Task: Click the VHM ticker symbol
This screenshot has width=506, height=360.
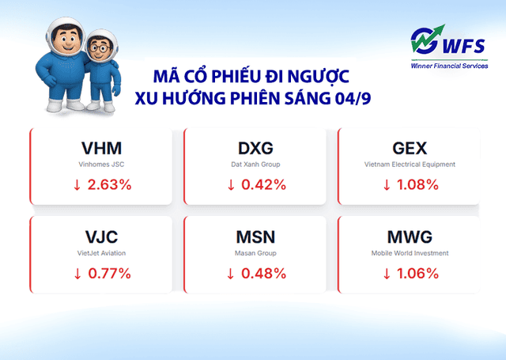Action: (x=102, y=148)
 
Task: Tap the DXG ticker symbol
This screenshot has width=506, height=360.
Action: (x=256, y=148)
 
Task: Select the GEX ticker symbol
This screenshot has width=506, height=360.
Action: (x=410, y=148)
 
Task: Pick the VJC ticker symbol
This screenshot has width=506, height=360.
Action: (x=102, y=237)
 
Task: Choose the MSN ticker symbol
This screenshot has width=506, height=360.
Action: (x=256, y=237)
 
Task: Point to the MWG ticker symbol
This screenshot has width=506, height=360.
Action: (x=410, y=237)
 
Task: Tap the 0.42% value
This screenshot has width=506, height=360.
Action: (x=263, y=185)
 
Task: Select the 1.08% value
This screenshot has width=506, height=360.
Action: (x=417, y=185)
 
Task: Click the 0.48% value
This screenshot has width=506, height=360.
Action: (x=263, y=274)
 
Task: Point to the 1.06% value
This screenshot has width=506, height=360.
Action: (x=417, y=274)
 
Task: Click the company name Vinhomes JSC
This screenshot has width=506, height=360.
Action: (x=102, y=165)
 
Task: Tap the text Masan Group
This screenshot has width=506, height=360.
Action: (x=256, y=253)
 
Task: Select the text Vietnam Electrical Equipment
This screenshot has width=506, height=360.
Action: (x=410, y=165)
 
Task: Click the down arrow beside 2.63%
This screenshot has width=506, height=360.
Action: (x=77, y=185)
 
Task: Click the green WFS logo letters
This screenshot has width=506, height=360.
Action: (x=450, y=41)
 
